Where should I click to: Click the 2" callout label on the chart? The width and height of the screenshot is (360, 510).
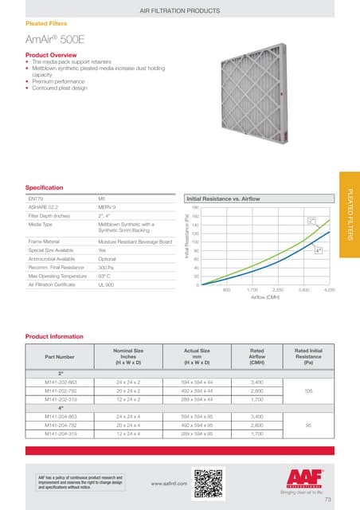[x=311, y=219]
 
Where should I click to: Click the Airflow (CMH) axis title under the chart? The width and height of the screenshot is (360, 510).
[x=264, y=299]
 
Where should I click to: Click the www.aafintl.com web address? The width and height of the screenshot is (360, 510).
[x=168, y=482]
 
